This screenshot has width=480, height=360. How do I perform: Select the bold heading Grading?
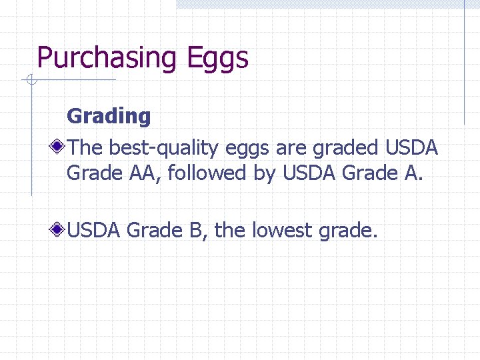coord(109,116)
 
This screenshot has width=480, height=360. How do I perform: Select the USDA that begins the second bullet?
coord(93,231)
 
